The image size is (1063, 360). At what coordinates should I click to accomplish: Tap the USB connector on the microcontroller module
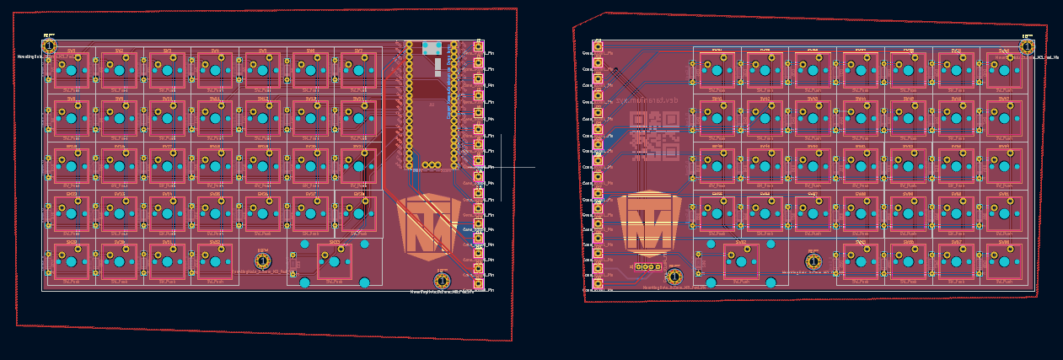[431, 48]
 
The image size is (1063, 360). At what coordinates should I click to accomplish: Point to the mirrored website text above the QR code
[647, 100]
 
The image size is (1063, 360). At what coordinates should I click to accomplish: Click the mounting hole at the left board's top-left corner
[49, 46]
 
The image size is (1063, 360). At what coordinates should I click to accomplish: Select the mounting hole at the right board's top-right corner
[1027, 46]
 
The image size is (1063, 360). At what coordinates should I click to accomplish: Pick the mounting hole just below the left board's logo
[442, 280]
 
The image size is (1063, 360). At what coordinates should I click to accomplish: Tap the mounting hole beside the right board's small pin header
[674, 276]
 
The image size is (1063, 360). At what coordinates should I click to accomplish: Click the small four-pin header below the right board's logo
[647, 266]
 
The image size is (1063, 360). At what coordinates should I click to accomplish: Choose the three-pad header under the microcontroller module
[432, 165]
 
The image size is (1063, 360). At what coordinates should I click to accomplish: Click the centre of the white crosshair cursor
[501, 167]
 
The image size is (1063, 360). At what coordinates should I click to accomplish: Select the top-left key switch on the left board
[72, 71]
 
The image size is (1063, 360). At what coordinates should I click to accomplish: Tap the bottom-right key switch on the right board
[1003, 262]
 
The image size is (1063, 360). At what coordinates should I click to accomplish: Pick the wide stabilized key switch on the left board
[335, 262]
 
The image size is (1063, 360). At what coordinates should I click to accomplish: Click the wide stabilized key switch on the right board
[741, 262]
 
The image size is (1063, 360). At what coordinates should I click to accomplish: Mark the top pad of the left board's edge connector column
[478, 46]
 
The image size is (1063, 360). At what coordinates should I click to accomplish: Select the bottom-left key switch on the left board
[72, 262]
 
